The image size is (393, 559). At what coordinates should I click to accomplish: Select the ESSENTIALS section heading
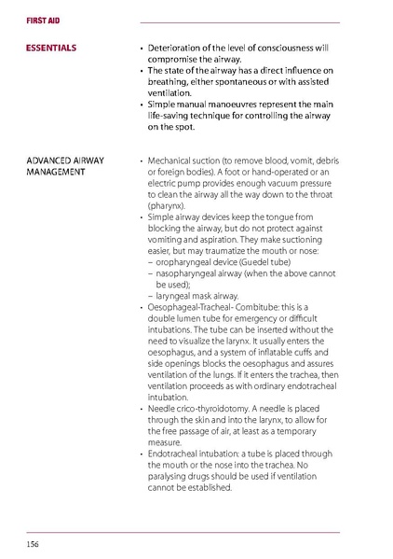click(x=51, y=47)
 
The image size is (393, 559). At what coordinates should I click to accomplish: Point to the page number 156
click(x=34, y=542)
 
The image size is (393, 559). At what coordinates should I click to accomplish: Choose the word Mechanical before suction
click(x=173, y=161)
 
